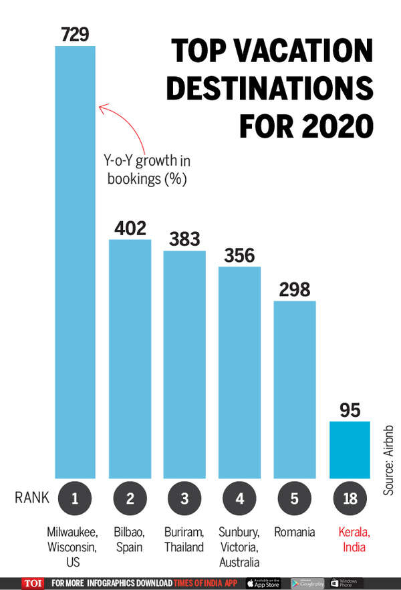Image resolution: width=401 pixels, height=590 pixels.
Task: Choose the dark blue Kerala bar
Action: (350, 449)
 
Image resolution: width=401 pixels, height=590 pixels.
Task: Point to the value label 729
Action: (75, 34)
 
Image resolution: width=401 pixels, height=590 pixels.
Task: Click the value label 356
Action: (239, 256)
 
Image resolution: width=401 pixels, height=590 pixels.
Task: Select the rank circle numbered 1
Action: (75, 497)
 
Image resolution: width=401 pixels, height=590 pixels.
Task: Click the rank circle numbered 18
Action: (350, 497)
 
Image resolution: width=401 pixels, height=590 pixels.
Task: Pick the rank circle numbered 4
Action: (239, 497)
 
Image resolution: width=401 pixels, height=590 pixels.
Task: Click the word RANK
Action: (30, 498)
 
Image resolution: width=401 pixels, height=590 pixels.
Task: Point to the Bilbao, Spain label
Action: (130, 539)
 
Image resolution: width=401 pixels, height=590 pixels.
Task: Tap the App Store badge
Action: (263, 583)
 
